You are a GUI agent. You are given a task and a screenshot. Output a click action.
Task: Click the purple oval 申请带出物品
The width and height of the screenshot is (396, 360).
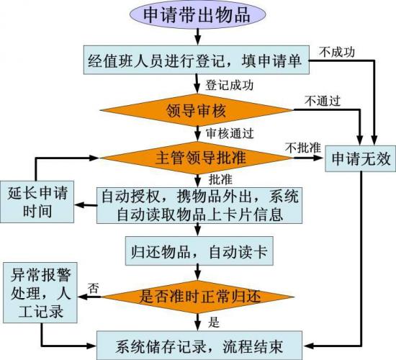[198, 14]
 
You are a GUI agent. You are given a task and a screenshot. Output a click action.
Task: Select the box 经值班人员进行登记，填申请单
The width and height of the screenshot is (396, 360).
[197, 60]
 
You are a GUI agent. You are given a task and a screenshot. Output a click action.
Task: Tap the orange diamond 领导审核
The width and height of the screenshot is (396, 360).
[197, 110]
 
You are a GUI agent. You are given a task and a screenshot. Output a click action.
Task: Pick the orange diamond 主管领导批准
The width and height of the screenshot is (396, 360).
[197, 158]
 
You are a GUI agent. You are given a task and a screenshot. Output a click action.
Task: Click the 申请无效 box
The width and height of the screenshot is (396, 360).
[361, 158]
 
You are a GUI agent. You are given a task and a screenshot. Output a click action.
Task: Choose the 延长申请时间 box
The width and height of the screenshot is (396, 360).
[37, 202]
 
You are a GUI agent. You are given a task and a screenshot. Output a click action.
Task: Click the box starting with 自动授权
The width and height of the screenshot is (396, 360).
[199, 205]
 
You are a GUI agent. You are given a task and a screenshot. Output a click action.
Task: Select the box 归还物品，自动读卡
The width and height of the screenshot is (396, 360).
[199, 251]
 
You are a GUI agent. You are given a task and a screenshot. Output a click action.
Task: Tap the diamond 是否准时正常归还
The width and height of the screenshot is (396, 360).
[198, 297]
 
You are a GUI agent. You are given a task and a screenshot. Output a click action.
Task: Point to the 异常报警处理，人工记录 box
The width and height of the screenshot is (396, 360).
[40, 292]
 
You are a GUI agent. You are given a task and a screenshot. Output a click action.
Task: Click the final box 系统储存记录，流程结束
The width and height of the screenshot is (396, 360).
[199, 346]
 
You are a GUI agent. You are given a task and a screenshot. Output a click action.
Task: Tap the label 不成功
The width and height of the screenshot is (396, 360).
[337, 52]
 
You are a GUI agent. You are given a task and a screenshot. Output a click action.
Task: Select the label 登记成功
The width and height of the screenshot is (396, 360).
[229, 85]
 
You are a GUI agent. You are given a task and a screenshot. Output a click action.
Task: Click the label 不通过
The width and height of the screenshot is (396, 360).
[323, 101]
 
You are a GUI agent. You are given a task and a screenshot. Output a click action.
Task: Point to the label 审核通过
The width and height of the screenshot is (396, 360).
[230, 133]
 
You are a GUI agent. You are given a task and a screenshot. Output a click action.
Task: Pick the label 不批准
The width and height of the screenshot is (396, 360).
[303, 148]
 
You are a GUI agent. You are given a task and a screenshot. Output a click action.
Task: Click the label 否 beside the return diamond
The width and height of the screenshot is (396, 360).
[93, 288]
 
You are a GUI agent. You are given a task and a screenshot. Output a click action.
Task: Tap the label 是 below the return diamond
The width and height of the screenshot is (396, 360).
[214, 323]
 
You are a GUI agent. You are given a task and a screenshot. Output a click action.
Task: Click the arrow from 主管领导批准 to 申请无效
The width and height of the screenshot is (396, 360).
[309, 158]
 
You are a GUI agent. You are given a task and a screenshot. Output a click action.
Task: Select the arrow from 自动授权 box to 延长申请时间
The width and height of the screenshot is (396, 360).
[86, 205]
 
